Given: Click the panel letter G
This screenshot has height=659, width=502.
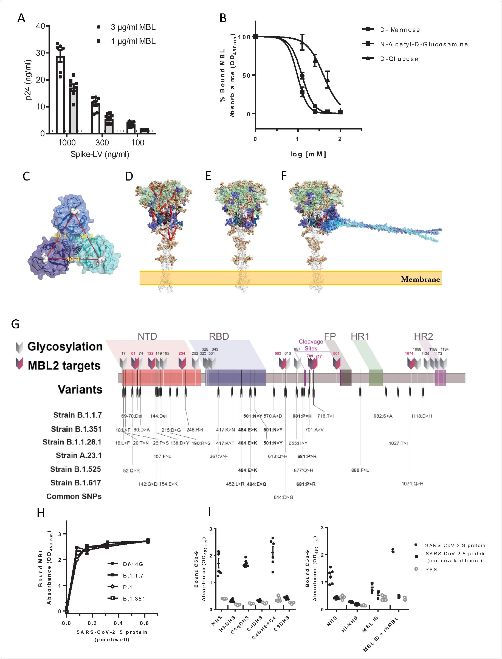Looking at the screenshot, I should coord(15,324).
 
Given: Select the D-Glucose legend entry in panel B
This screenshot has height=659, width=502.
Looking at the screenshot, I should coord(399,59).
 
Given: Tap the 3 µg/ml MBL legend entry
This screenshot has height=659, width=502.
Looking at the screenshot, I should coord(133,27).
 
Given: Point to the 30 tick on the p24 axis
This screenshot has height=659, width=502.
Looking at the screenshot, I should coord(40,53).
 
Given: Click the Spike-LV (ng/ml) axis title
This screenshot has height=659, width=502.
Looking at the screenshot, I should coord(100,154).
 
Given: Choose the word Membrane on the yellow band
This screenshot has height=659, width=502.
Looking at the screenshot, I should coord(420,279).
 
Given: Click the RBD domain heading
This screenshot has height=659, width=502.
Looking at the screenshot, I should coord(219,337).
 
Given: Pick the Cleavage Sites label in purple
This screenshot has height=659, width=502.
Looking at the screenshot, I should coord(311,345).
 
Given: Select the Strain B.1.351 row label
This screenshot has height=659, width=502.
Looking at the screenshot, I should coord(76,429).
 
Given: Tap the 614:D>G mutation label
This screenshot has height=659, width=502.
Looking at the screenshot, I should coord(283,497).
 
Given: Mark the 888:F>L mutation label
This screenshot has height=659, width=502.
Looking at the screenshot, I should coord(360,470).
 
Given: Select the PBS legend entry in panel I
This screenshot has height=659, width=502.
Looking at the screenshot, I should coord(431,569).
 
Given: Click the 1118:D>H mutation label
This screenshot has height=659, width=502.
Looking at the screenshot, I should coord(421,416).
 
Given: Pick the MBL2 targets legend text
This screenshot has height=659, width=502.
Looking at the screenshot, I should coord(64,365).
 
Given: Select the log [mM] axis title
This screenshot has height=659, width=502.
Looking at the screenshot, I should coord(308,154).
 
